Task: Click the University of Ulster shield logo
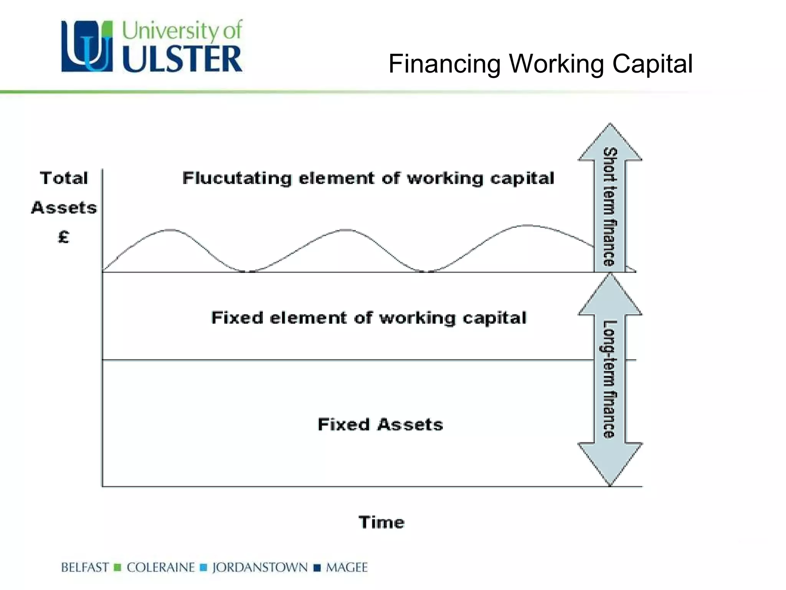tap(87, 46)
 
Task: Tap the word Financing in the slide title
tap(444, 64)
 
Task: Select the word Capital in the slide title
tap(652, 64)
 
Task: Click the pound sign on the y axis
tap(64, 237)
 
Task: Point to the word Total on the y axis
tap(64, 178)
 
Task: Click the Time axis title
tap(381, 522)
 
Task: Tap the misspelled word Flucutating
tap(237, 178)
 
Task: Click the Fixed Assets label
tap(380, 424)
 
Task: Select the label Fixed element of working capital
tap(369, 318)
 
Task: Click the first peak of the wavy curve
tap(170, 230)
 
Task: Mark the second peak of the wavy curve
tap(347, 230)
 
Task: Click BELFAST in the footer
tap(85, 567)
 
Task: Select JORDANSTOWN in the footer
tap(260, 567)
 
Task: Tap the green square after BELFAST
tap(118, 567)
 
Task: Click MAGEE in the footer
tap(347, 567)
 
